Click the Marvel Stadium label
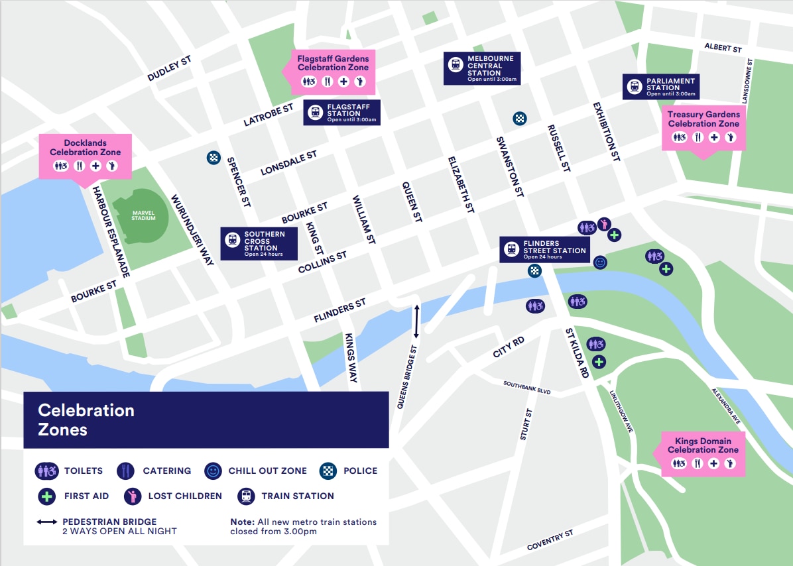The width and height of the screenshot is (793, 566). [x=143, y=215]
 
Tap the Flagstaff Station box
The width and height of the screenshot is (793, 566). [x=342, y=113]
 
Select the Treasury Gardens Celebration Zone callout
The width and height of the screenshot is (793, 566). [x=703, y=128]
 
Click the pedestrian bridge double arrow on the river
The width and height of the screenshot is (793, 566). [x=416, y=321]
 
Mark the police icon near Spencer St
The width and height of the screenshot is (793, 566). [x=213, y=158]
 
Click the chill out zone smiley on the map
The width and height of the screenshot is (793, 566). [x=600, y=262]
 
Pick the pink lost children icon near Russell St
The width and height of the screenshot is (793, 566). [x=604, y=224]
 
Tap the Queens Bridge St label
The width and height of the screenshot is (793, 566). [x=406, y=376]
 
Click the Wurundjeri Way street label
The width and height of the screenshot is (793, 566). [x=193, y=231]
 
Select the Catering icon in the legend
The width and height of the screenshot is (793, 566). [x=126, y=471]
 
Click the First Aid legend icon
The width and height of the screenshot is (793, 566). [x=46, y=496]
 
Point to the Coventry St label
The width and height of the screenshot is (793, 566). [x=550, y=540]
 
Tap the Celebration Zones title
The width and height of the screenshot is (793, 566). [x=86, y=420]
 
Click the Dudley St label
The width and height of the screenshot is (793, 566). [x=169, y=69]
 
